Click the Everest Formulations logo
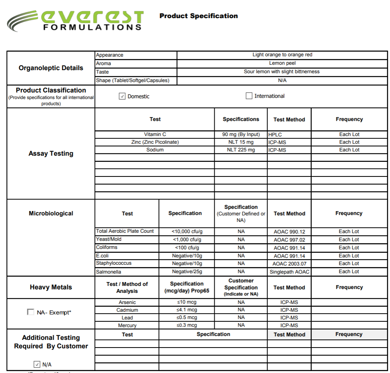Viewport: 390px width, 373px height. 76,20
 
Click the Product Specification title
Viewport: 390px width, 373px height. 198,16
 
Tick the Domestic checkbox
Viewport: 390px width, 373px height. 122,96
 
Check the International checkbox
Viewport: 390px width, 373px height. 249,96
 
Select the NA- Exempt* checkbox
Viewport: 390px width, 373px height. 30,312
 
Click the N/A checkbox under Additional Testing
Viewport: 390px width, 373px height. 37,364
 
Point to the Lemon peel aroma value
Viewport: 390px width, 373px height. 282,63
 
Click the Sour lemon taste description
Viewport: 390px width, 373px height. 282,72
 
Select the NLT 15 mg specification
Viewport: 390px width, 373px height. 241,142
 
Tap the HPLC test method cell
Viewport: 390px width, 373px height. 276,134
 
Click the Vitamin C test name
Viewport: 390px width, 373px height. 155,134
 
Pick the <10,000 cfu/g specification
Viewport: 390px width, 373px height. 187,232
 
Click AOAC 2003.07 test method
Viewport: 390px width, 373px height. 289,264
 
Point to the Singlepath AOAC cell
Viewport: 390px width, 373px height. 289,272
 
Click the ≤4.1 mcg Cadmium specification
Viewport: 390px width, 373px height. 187,310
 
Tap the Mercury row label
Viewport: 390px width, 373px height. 127,326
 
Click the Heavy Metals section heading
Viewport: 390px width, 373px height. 51,287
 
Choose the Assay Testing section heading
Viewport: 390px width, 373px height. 51,153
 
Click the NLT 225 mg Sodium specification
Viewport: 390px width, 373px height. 241,150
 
